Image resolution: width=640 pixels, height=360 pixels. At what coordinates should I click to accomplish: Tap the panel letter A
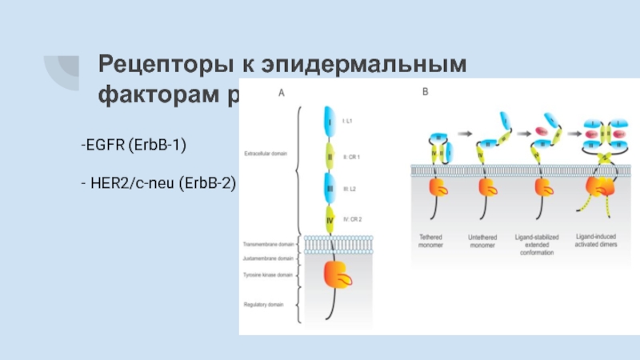click(x=281, y=93)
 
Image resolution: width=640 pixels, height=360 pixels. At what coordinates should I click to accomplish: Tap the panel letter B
click(x=425, y=93)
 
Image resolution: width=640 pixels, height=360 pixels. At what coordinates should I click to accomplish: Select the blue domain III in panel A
click(x=329, y=189)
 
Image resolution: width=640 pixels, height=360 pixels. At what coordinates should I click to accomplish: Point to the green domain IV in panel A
click(x=329, y=218)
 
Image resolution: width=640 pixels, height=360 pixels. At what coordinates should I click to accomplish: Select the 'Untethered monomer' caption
click(x=486, y=241)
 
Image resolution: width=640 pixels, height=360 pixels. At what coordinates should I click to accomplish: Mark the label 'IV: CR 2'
click(x=354, y=218)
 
